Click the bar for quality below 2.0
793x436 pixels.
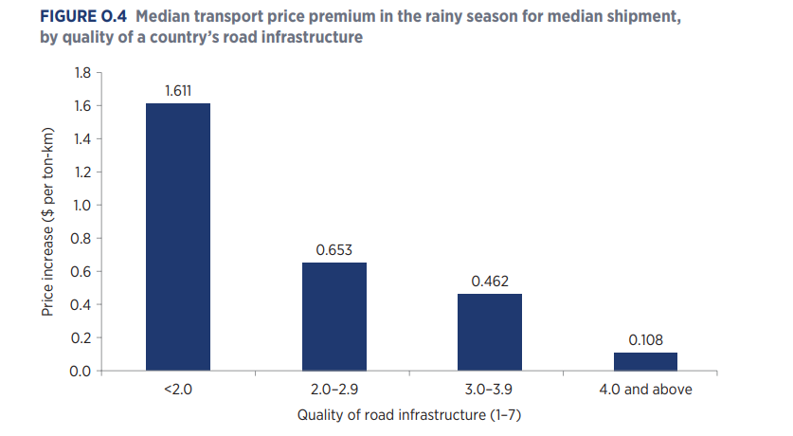point(177,237)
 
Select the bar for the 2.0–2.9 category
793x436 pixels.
point(333,316)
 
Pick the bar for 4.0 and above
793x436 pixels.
point(645,361)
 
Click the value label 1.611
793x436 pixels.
point(177,91)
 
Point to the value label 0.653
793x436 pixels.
point(333,250)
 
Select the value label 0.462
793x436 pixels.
point(489,282)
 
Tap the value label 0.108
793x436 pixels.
point(645,339)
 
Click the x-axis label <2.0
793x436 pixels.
point(177,390)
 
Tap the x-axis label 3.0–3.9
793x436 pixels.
point(489,390)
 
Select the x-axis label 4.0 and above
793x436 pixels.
point(645,390)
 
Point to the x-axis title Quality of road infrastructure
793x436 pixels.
point(410,415)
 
